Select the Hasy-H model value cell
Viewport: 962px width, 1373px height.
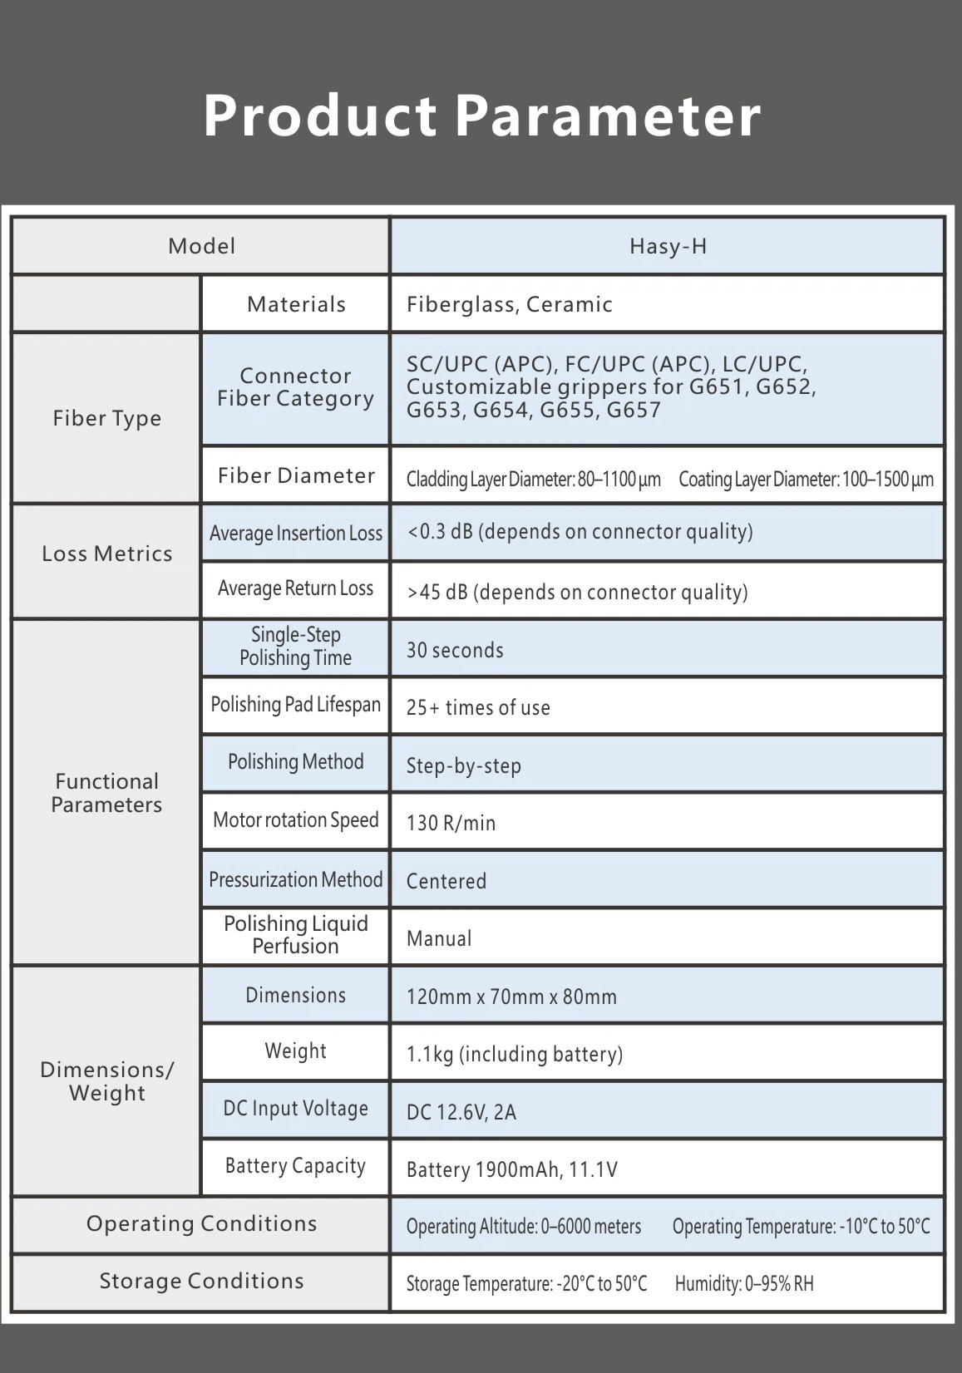[668, 246]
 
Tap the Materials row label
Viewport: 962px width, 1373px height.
[296, 304]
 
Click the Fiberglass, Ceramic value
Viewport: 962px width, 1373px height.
[509, 304]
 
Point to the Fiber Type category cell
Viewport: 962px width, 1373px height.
[106, 418]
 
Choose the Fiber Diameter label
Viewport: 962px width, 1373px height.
[296, 475]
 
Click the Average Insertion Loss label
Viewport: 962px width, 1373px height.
[296, 533]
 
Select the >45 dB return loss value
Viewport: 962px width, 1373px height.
[577, 592]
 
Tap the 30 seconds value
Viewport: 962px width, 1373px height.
[455, 650]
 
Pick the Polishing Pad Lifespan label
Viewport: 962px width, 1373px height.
[296, 705]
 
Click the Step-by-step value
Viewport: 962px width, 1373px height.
[463, 765]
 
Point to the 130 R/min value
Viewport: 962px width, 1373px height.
[451, 823]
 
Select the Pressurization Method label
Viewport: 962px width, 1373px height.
[296, 879]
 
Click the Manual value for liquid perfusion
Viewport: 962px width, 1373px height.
[439, 938]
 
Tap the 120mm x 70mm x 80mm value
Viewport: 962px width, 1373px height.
[511, 997]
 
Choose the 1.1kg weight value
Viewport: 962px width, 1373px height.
[514, 1054]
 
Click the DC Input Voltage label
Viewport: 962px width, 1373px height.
[296, 1109]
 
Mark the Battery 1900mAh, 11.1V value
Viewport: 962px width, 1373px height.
[511, 1169]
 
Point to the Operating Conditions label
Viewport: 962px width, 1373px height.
[201, 1223]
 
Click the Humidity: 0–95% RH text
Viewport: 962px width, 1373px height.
[744, 1284]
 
